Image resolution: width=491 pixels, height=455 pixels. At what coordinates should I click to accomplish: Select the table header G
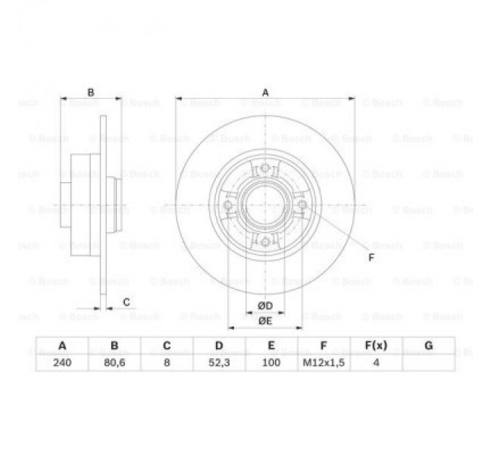pos(428,346)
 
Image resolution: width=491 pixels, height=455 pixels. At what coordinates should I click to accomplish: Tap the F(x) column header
pos(375,346)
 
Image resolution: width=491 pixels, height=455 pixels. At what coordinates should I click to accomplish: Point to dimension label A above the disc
pos(265,92)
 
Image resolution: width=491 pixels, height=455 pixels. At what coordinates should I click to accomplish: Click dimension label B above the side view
pos(91,92)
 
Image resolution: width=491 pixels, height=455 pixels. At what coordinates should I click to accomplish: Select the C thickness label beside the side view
pos(126,302)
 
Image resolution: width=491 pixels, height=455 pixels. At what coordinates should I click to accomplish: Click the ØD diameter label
pos(264,305)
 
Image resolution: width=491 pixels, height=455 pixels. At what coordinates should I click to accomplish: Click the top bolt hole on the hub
pos(265,170)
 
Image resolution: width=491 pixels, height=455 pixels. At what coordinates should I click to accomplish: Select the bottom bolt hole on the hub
pos(265,242)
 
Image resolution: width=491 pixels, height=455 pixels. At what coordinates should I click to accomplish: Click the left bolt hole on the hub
pos(229,207)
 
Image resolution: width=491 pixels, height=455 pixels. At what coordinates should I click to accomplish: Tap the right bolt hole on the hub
pos(302,207)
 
